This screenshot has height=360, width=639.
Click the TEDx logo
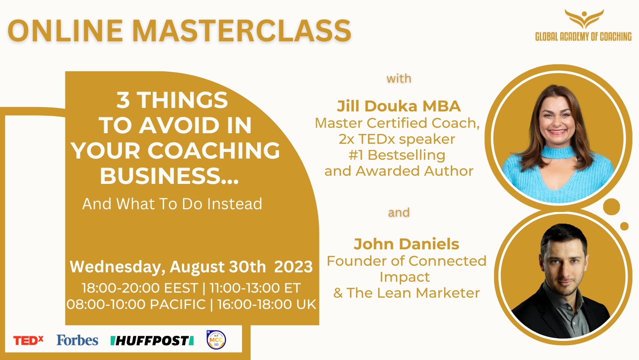[28, 341]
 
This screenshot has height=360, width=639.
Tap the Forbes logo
[77, 340]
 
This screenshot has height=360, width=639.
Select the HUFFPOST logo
[152, 341]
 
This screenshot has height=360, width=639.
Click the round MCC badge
[216, 340]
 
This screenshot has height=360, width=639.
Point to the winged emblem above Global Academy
[584, 19]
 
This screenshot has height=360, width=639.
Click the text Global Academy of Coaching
[583, 37]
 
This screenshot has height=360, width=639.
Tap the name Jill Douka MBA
[399, 106]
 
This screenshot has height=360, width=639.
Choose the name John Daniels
[406, 244]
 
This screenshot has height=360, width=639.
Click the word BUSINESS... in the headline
[169, 176]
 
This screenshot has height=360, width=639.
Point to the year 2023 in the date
[293, 267]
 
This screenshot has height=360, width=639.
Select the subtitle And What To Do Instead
[172, 204]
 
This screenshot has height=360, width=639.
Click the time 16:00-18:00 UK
[267, 304]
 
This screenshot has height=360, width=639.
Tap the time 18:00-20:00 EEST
[140, 288]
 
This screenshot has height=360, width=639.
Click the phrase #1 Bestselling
[397, 155]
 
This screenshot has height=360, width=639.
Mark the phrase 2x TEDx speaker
[397, 139]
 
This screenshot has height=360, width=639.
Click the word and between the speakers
[399, 213]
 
